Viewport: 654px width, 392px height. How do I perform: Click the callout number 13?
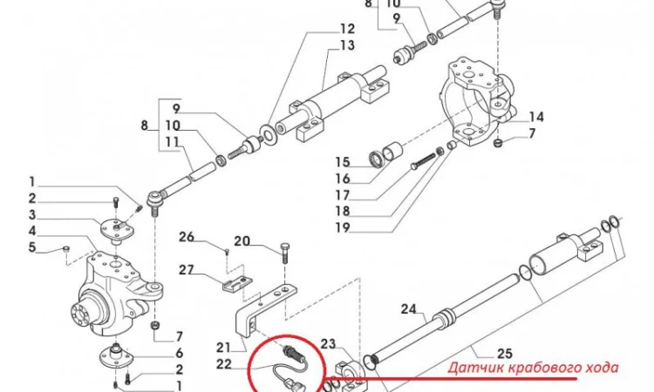point(323,45)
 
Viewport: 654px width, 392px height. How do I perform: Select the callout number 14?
point(535,116)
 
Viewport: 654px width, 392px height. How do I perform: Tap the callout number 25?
point(505,353)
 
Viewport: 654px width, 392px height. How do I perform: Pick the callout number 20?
point(242,241)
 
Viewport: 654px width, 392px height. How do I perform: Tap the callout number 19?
point(341,229)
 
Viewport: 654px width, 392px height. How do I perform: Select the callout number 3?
point(31,215)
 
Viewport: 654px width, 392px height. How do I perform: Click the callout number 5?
point(31,248)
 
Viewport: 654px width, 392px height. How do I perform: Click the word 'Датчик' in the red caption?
point(474,368)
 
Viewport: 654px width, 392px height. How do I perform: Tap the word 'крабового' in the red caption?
point(538,368)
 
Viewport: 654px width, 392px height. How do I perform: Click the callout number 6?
point(179,353)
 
